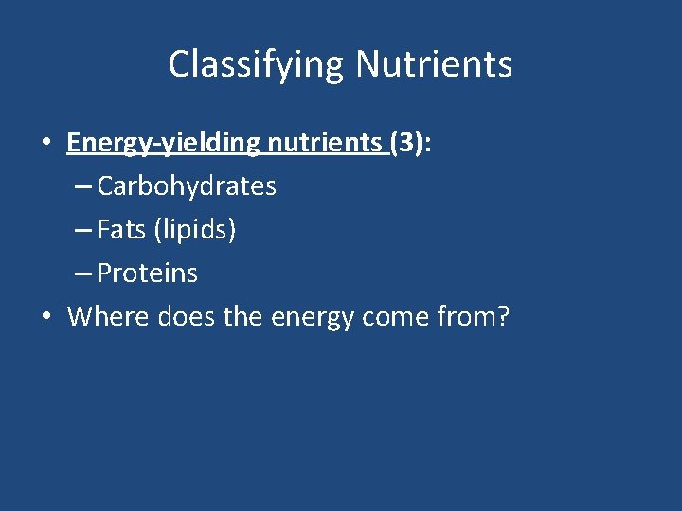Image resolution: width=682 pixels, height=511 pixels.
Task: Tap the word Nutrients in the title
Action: tap(434, 65)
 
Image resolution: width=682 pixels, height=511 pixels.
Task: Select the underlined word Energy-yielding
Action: tap(163, 143)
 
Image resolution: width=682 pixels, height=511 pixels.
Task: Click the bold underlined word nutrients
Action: tap(325, 143)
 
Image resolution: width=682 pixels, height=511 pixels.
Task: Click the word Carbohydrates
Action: tap(187, 186)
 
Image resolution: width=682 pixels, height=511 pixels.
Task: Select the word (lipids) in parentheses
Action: tap(194, 230)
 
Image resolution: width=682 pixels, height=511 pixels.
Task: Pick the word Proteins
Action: tap(148, 273)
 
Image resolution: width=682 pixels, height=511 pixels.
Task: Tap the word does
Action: tap(186, 316)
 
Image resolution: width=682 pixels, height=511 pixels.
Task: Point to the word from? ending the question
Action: tap(477, 316)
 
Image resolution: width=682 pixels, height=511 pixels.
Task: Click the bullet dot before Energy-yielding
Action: tap(45, 144)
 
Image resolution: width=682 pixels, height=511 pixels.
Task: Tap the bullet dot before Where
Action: tap(45, 317)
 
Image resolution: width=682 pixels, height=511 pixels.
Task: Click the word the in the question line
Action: tap(243, 316)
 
